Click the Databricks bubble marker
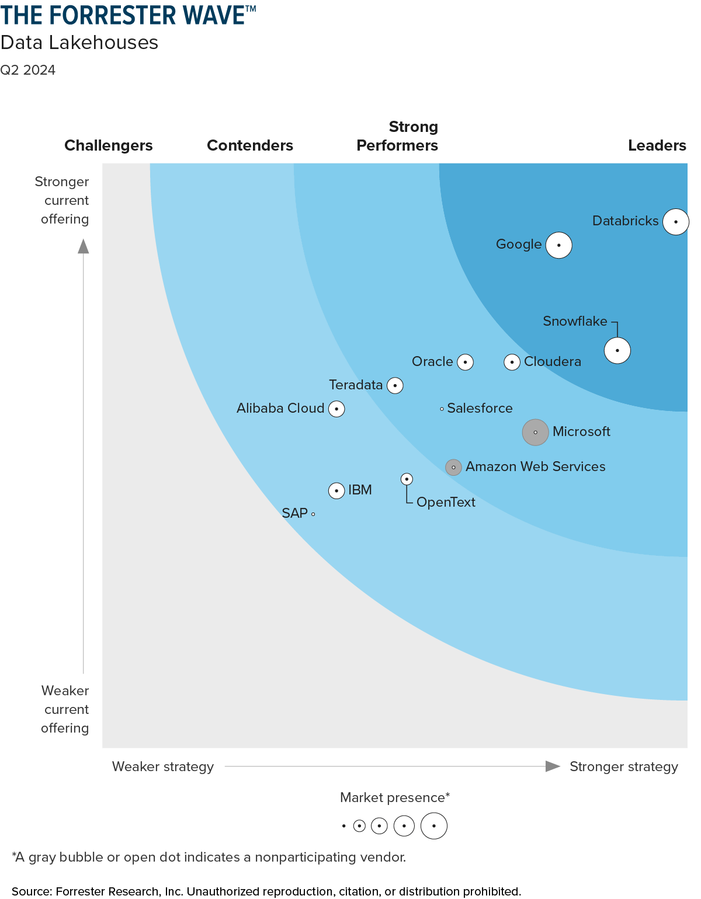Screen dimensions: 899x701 click(675, 222)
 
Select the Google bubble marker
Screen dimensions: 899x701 click(558, 245)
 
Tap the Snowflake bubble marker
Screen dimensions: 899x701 click(617, 350)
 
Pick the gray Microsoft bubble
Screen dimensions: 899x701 click(535, 432)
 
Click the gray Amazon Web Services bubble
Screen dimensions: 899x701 click(453, 467)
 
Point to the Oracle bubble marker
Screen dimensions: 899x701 click(465, 362)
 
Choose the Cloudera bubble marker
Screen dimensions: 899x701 click(512, 362)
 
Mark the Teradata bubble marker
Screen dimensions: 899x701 click(395, 385)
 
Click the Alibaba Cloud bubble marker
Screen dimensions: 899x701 click(336, 409)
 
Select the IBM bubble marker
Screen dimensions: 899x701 click(336, 490)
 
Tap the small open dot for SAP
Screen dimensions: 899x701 click(313, 514)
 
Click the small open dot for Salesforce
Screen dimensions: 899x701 click(442, 409)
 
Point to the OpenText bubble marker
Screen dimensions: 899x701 click(407, 479)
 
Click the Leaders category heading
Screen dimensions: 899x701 click(657, 145)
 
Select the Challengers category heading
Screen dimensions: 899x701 click(109, 145)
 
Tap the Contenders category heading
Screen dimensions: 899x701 click(250, 145)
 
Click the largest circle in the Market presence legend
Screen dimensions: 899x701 click(433, 826)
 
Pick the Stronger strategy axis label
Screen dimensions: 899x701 click(623, 766)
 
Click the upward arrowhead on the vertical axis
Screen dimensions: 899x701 click(84, 246)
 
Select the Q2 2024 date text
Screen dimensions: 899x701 click(28, 70)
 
